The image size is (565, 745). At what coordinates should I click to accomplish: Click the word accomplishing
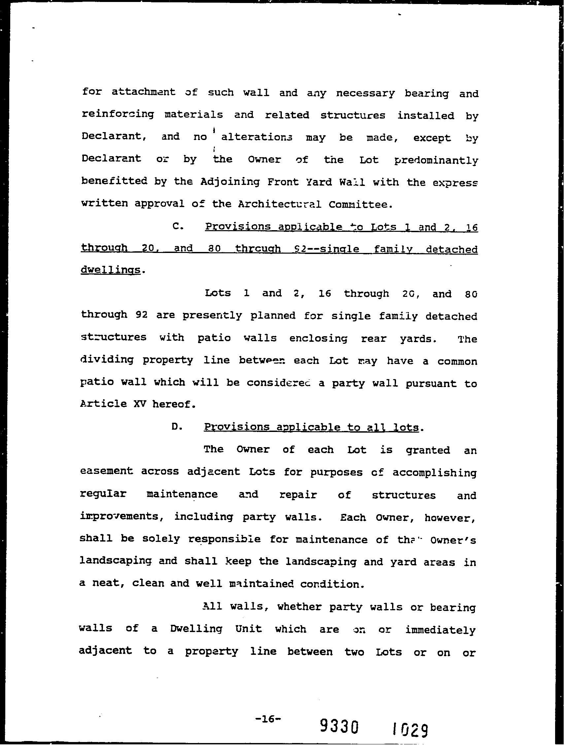pos(434,473)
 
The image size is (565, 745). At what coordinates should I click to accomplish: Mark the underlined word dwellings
pos(110,270)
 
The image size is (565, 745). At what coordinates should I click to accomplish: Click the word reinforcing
pos(118,115)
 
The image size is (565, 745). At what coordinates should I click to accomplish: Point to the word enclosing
pos(318,338)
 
